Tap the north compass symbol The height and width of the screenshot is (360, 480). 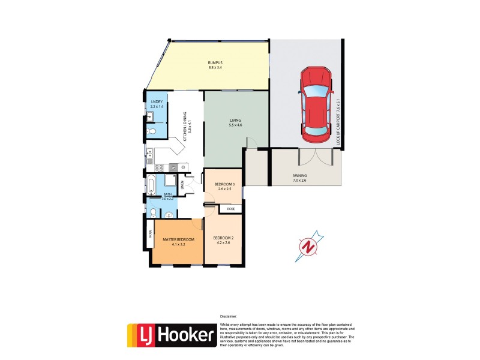tap(308, 247)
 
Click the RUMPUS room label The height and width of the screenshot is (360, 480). tap(215, 65)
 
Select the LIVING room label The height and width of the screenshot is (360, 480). tap(235, 122)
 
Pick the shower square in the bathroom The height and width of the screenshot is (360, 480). tap(171, 182)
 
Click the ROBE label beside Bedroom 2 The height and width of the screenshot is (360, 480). tap(230, 209)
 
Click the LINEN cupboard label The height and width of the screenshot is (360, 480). tap(182, 184)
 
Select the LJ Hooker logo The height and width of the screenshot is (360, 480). tap(171, 335)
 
